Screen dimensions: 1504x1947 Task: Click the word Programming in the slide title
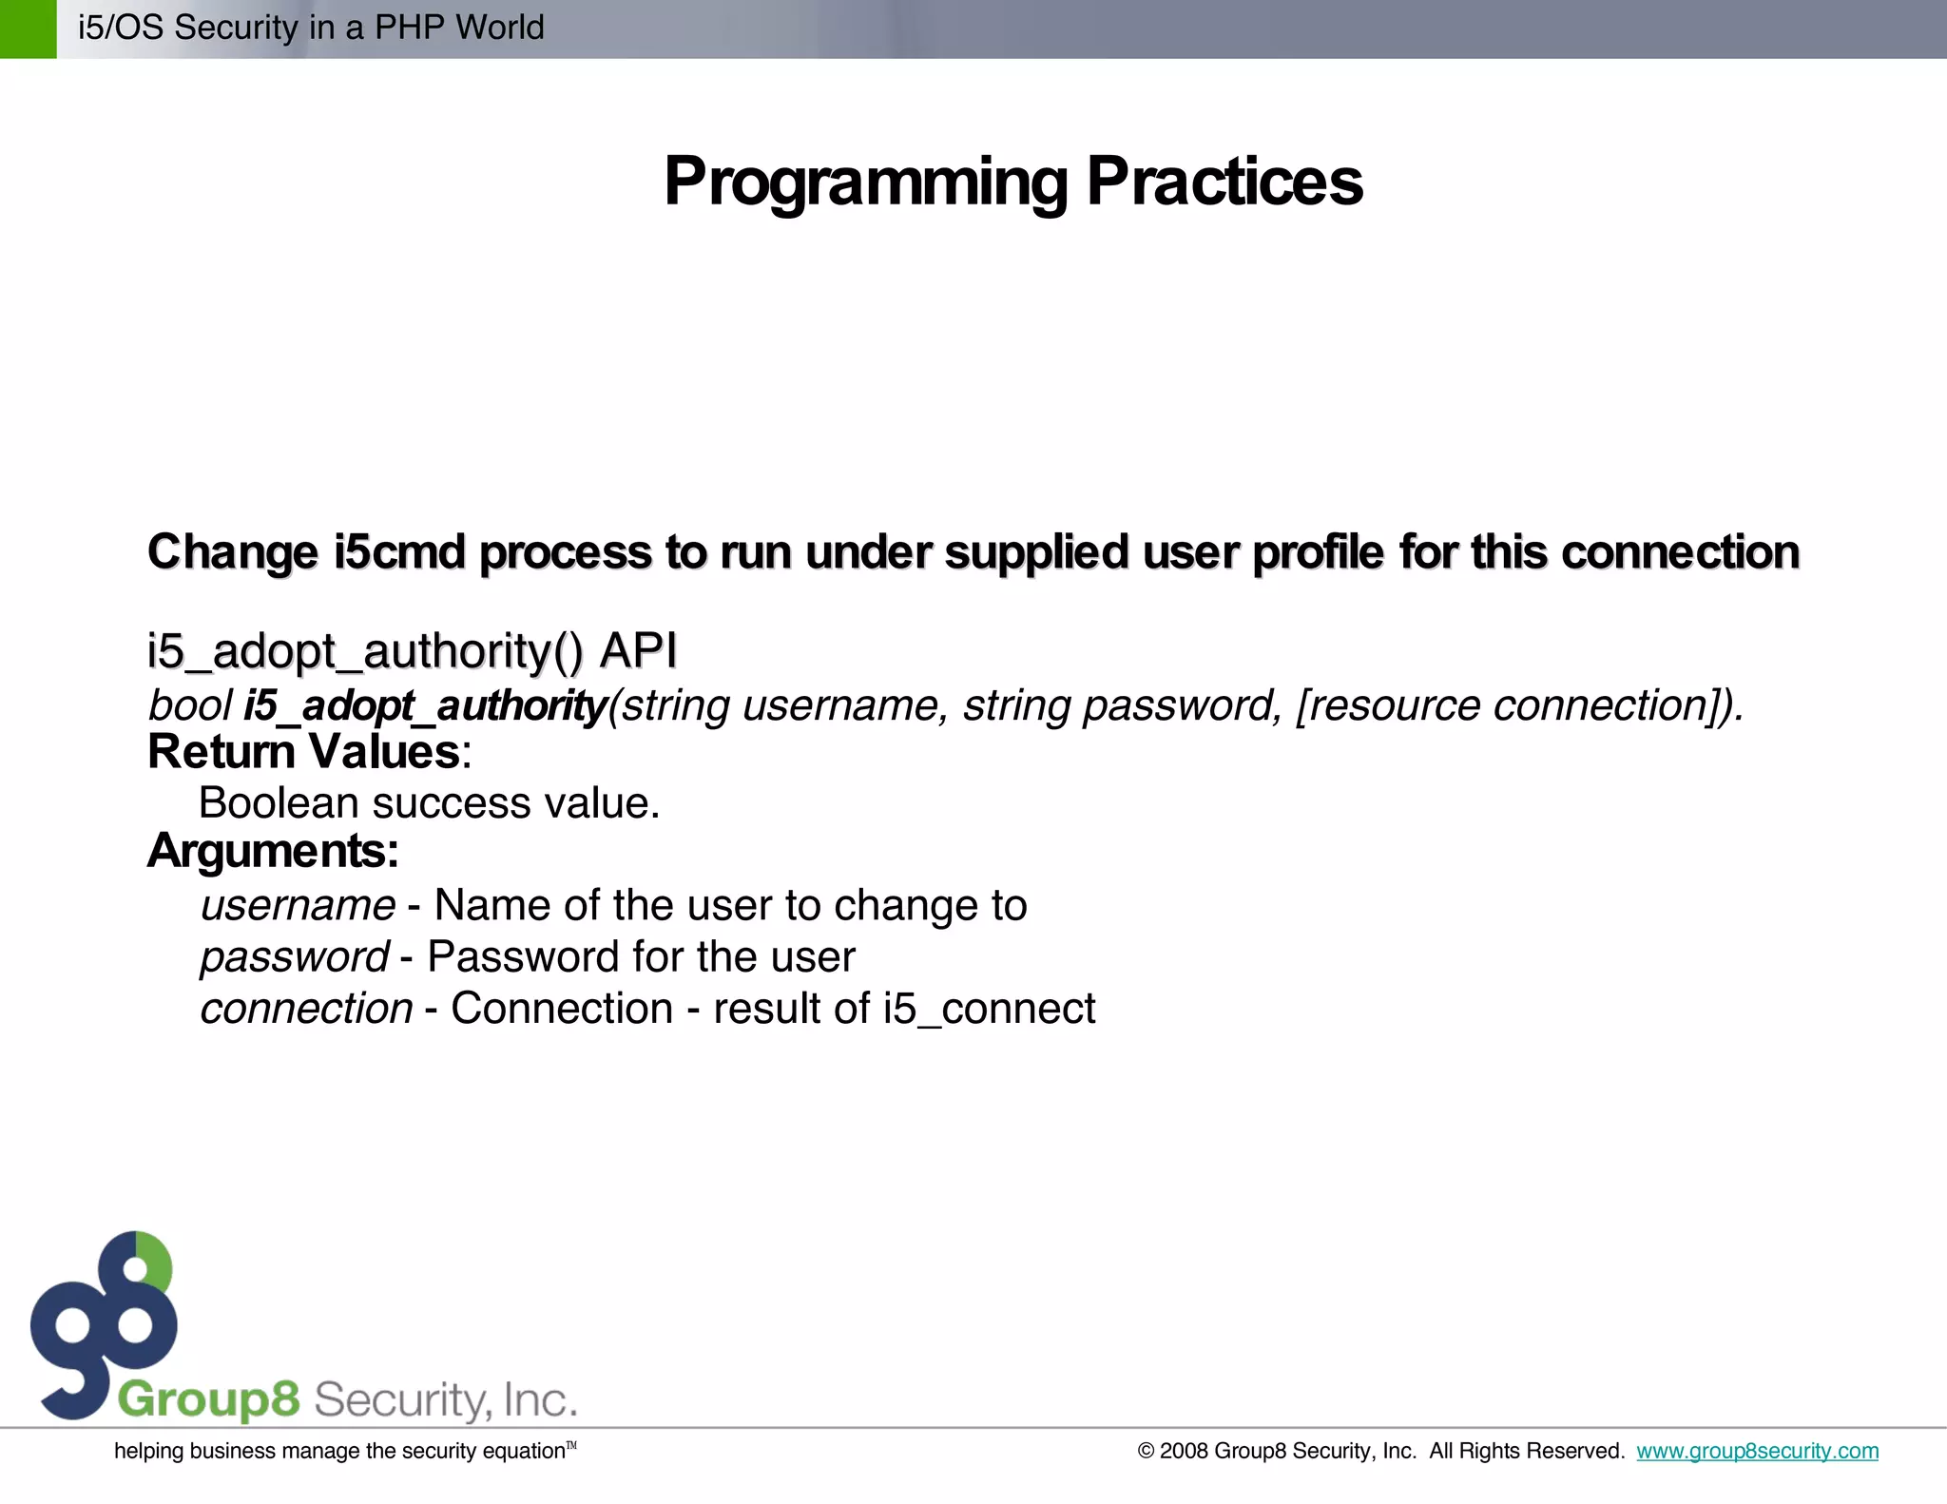[865, 183]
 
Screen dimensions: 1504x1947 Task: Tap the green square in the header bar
[28, 29]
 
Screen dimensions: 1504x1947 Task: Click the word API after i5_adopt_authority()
[638, 651]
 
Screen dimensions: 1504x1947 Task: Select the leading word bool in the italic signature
[189, 705]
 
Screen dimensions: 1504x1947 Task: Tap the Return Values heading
[304, 752]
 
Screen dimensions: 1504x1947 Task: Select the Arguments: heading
[273, 851]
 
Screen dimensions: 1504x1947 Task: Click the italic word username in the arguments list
[298, 905]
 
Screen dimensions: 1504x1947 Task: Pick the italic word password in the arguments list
[294, 957]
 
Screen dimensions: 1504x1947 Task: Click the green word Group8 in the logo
[208, 1399]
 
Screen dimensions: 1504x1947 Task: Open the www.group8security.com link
[1757, 1451]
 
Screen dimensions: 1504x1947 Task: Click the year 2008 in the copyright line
[1184, 1451]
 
